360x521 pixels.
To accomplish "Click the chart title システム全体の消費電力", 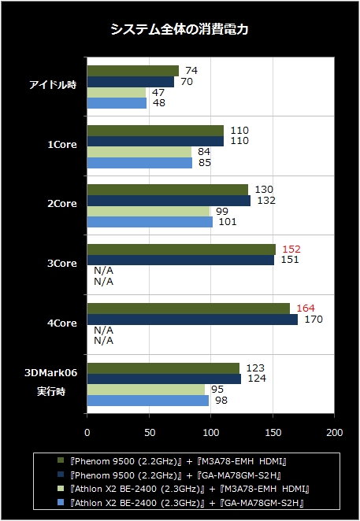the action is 180,29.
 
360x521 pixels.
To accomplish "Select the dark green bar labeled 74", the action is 133,71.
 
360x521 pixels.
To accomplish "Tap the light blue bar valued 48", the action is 117,103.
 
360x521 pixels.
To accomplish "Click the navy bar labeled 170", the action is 193,320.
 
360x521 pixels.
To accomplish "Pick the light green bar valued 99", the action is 148,212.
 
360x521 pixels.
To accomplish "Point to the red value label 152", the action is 291,249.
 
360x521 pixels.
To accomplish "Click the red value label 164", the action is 306,309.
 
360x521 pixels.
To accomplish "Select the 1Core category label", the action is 62,145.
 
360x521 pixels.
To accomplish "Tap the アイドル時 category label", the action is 54,85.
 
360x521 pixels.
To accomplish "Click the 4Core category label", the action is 62,323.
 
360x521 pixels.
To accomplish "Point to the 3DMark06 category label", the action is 51,373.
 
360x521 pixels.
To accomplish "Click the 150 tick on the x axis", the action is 273,433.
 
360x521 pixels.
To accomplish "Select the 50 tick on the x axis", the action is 150,433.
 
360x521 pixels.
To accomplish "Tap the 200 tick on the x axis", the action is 334,433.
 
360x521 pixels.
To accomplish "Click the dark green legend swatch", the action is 61,460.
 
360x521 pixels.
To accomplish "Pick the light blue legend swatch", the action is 61,502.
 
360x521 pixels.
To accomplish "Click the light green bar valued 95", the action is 146,390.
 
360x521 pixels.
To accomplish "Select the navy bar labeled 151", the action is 180,260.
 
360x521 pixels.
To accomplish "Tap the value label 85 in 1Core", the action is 205,162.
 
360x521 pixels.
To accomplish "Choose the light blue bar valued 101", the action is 150,222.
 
